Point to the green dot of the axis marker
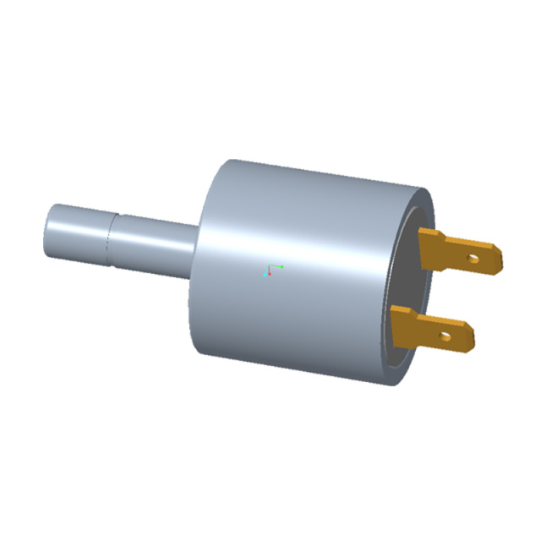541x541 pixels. click(281, 266)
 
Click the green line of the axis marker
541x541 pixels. click(275, 267)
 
